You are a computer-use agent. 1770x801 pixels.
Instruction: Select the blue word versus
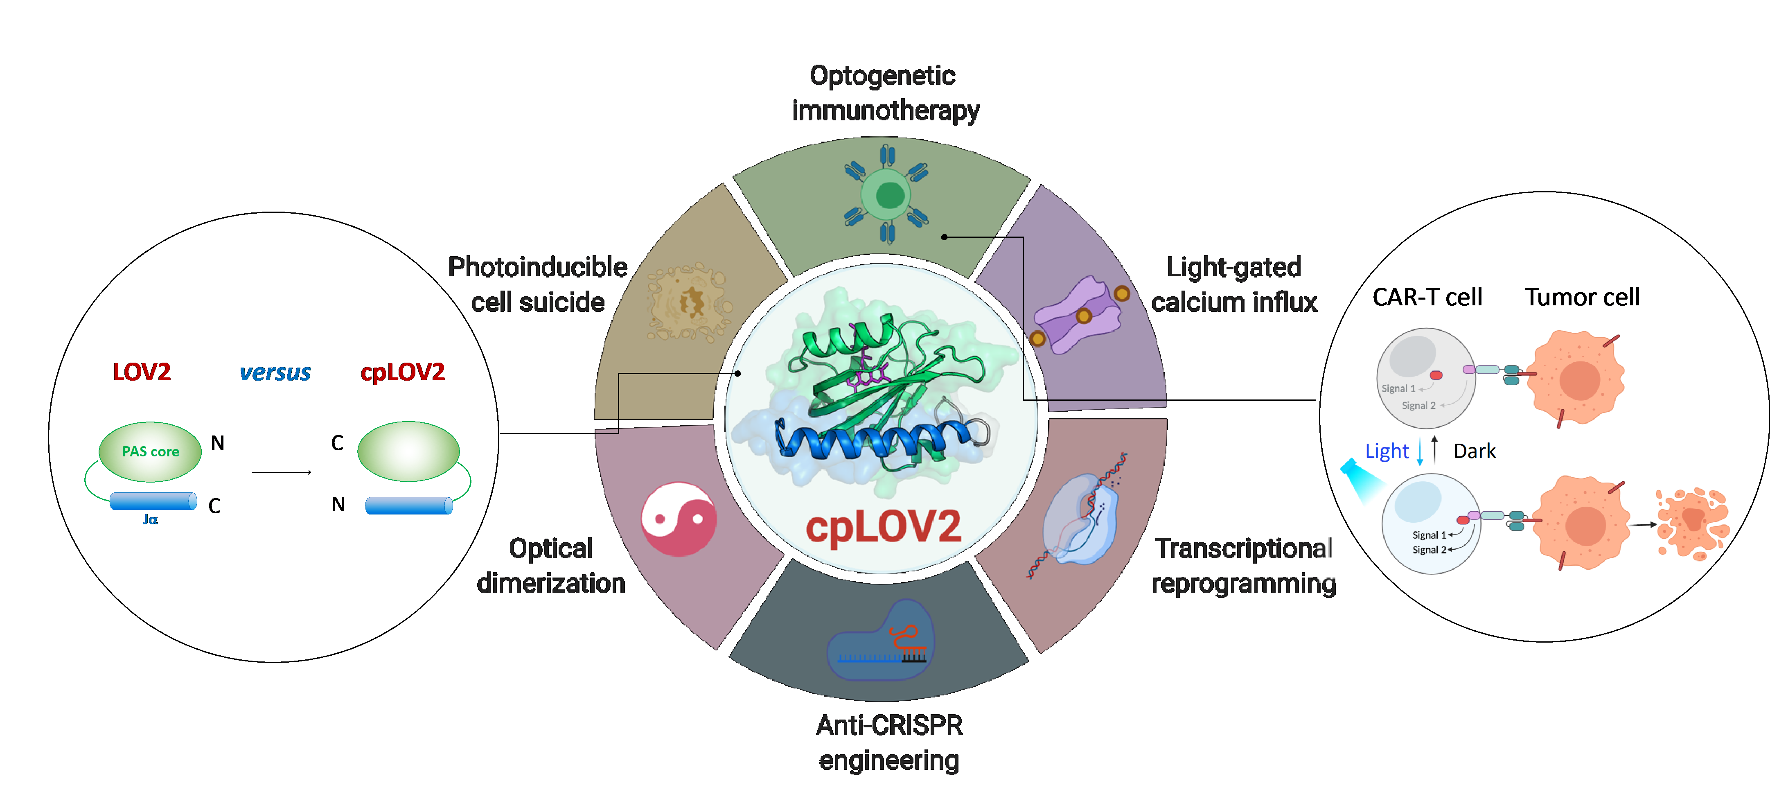(x=275, y=372)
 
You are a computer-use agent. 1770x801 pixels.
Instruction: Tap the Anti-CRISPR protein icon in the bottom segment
(x=880, y=640)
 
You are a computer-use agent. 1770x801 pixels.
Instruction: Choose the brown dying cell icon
(x=689, y=302)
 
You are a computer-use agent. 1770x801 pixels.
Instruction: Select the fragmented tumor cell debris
(x=1692, y=522)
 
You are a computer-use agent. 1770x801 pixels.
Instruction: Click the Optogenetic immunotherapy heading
(x=884, y=93)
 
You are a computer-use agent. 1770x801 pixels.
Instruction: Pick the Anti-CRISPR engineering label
(x=889, y=742)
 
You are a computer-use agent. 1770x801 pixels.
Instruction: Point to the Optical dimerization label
(x=551, y=565)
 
